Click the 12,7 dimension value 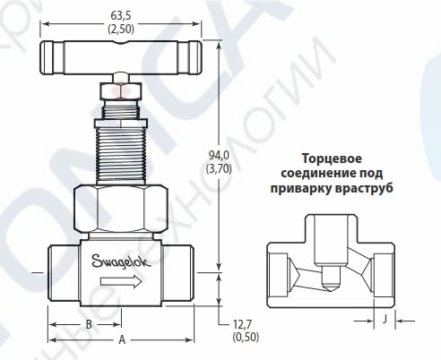[x=243, y=325]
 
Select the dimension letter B [x=88, y=324]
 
